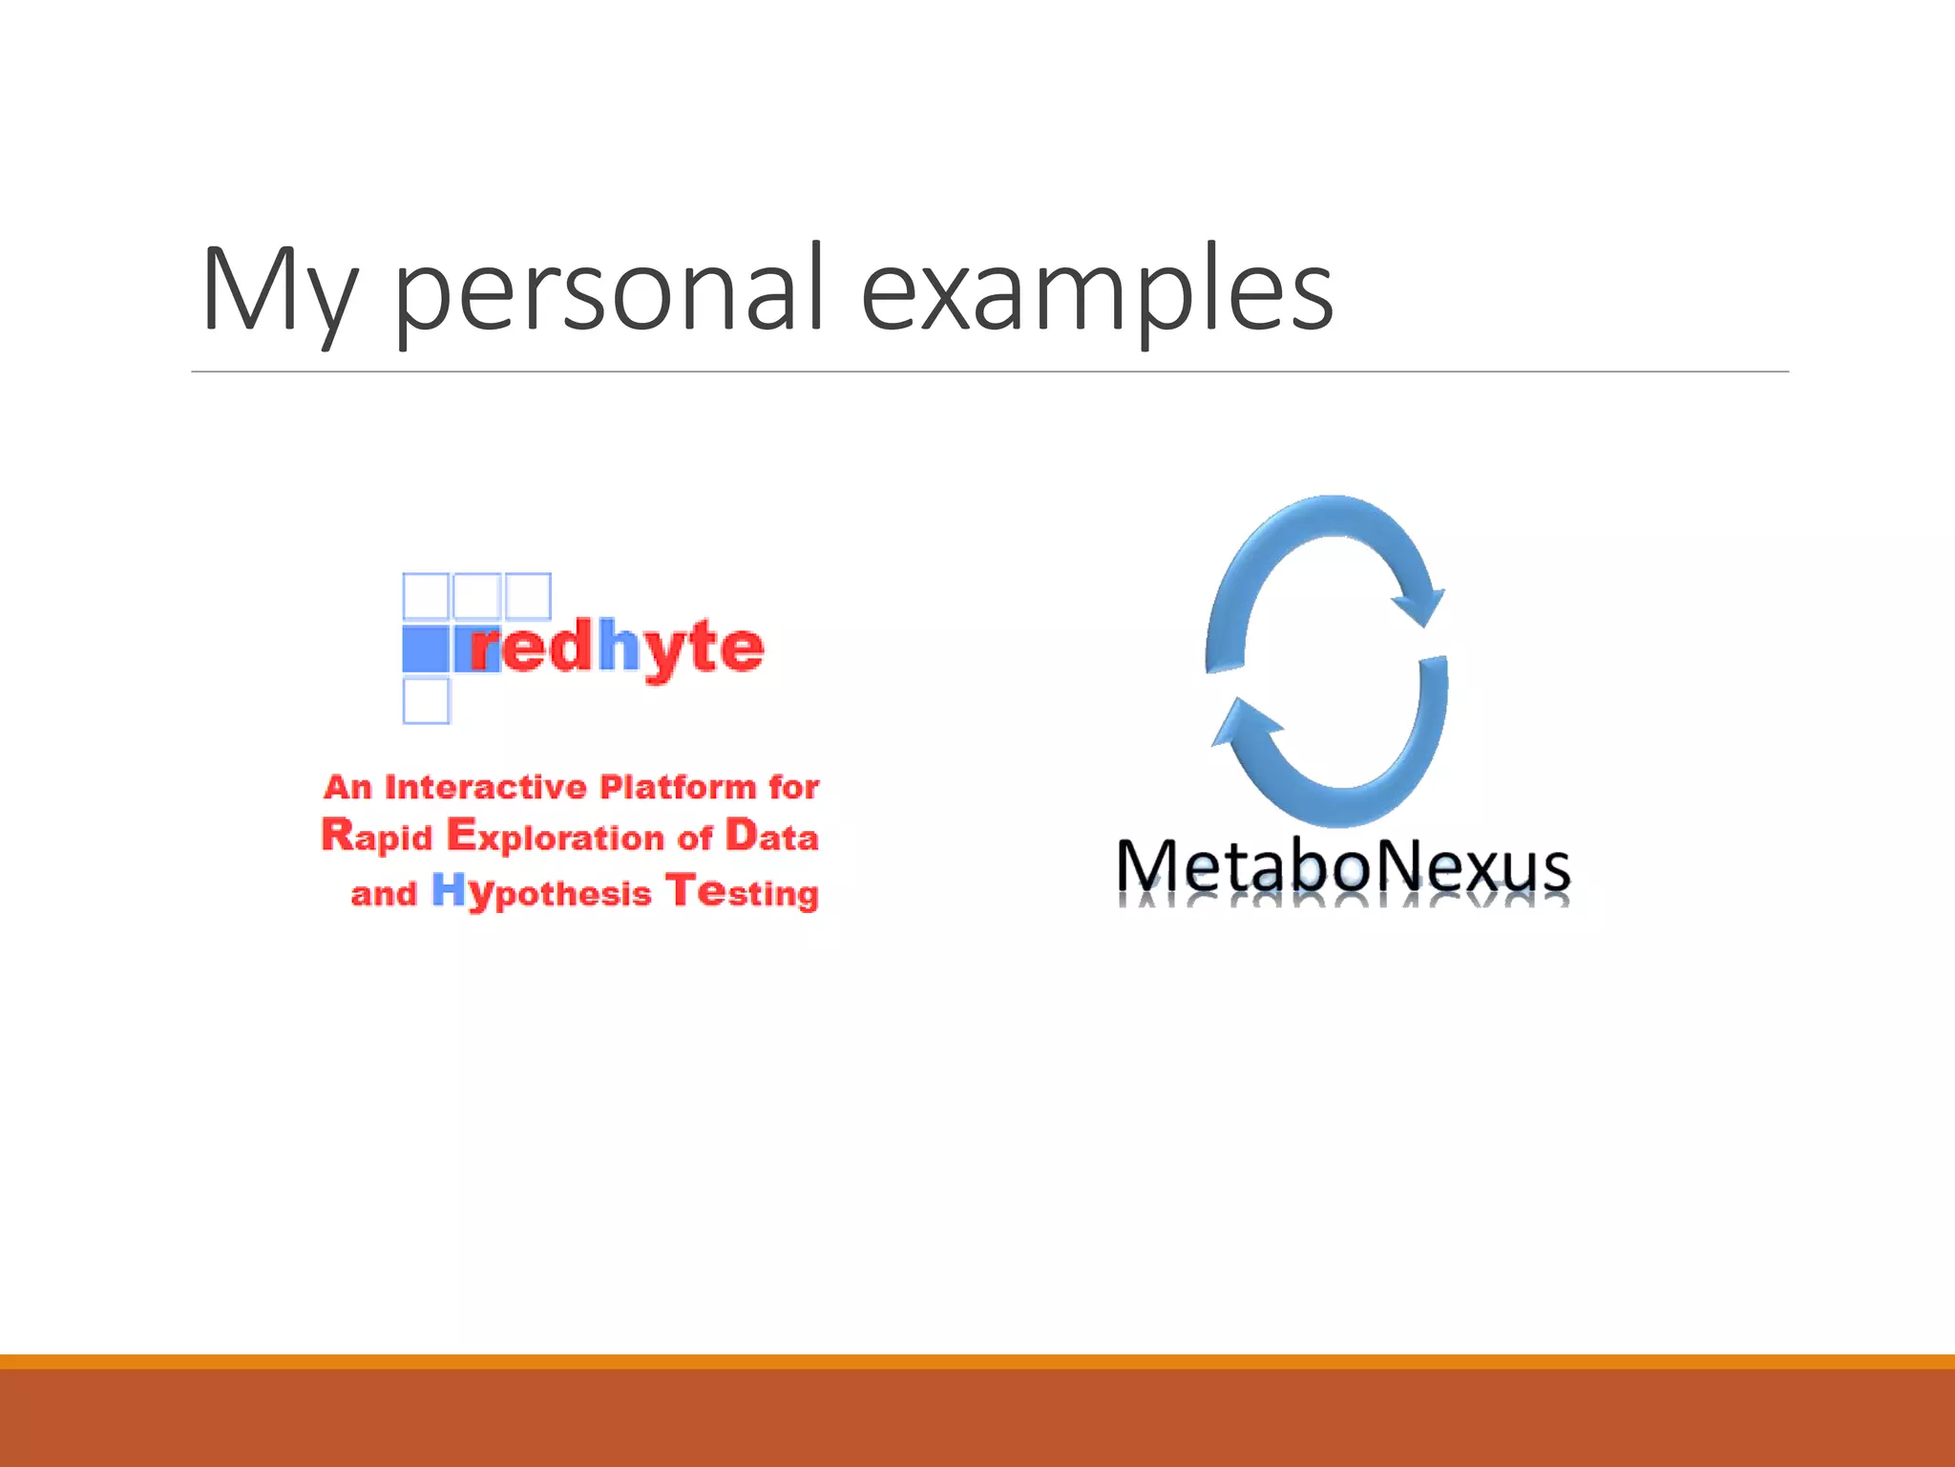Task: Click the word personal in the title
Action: [x=607, y=291]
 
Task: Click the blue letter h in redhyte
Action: [x=619, y=647]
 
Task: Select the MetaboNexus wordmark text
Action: [x=1342, y=866]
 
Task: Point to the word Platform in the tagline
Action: [x=678, y=787]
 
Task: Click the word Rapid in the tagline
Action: [x=377, y=837]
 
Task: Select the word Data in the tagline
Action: [x=771, y=837]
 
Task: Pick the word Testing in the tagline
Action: [x=742, y=892]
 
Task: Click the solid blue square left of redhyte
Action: [x=425, y=648]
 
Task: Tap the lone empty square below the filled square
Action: [x=426, y=701]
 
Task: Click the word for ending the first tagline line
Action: [x=793, y=787]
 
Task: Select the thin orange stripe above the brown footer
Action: [x=977, y=1361]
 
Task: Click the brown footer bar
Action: [x=977, y=1418]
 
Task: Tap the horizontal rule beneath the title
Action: [x=989, y=372]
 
